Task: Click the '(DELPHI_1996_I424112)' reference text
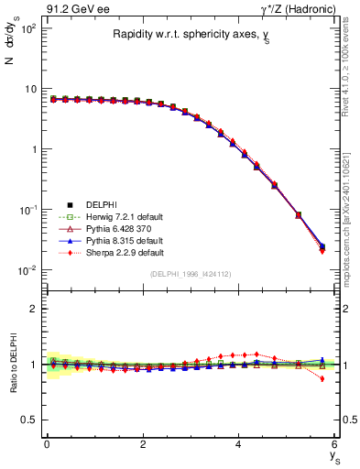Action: point(191,274)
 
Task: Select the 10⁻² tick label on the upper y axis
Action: point(27,269)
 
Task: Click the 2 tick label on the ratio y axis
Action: point(32,309)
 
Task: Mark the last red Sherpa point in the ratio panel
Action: point(322,378)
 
